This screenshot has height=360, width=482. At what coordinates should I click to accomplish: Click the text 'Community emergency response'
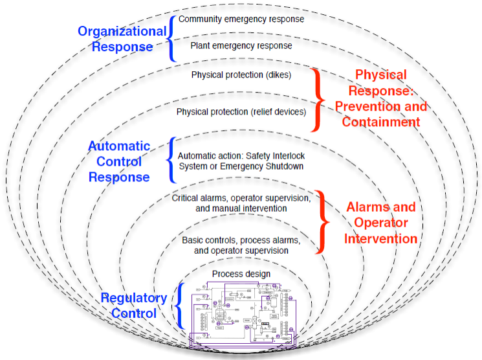click(x=241, y=19)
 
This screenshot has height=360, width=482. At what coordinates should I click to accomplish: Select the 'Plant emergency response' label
click(x=241, y=46)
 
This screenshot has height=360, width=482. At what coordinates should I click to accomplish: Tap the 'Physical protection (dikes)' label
click(x=241, y=75)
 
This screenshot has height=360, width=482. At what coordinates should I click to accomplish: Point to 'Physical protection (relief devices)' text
click(x=241, y=112)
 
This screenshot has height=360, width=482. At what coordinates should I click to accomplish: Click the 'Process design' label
click(x=241, y=274)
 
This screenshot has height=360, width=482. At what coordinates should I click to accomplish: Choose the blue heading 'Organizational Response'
click(x=122, y=39)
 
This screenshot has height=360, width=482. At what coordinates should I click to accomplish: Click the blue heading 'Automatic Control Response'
click(x=119, y=162)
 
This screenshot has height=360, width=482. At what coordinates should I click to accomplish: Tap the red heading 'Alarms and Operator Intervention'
click(x=380, y=223)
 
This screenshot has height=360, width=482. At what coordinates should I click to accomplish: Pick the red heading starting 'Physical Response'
click(x=381, y=98)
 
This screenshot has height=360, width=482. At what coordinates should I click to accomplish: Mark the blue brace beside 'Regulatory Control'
click(x=181, y=305)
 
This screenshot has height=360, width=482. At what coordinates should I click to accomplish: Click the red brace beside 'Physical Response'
click(x=317, y=98)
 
